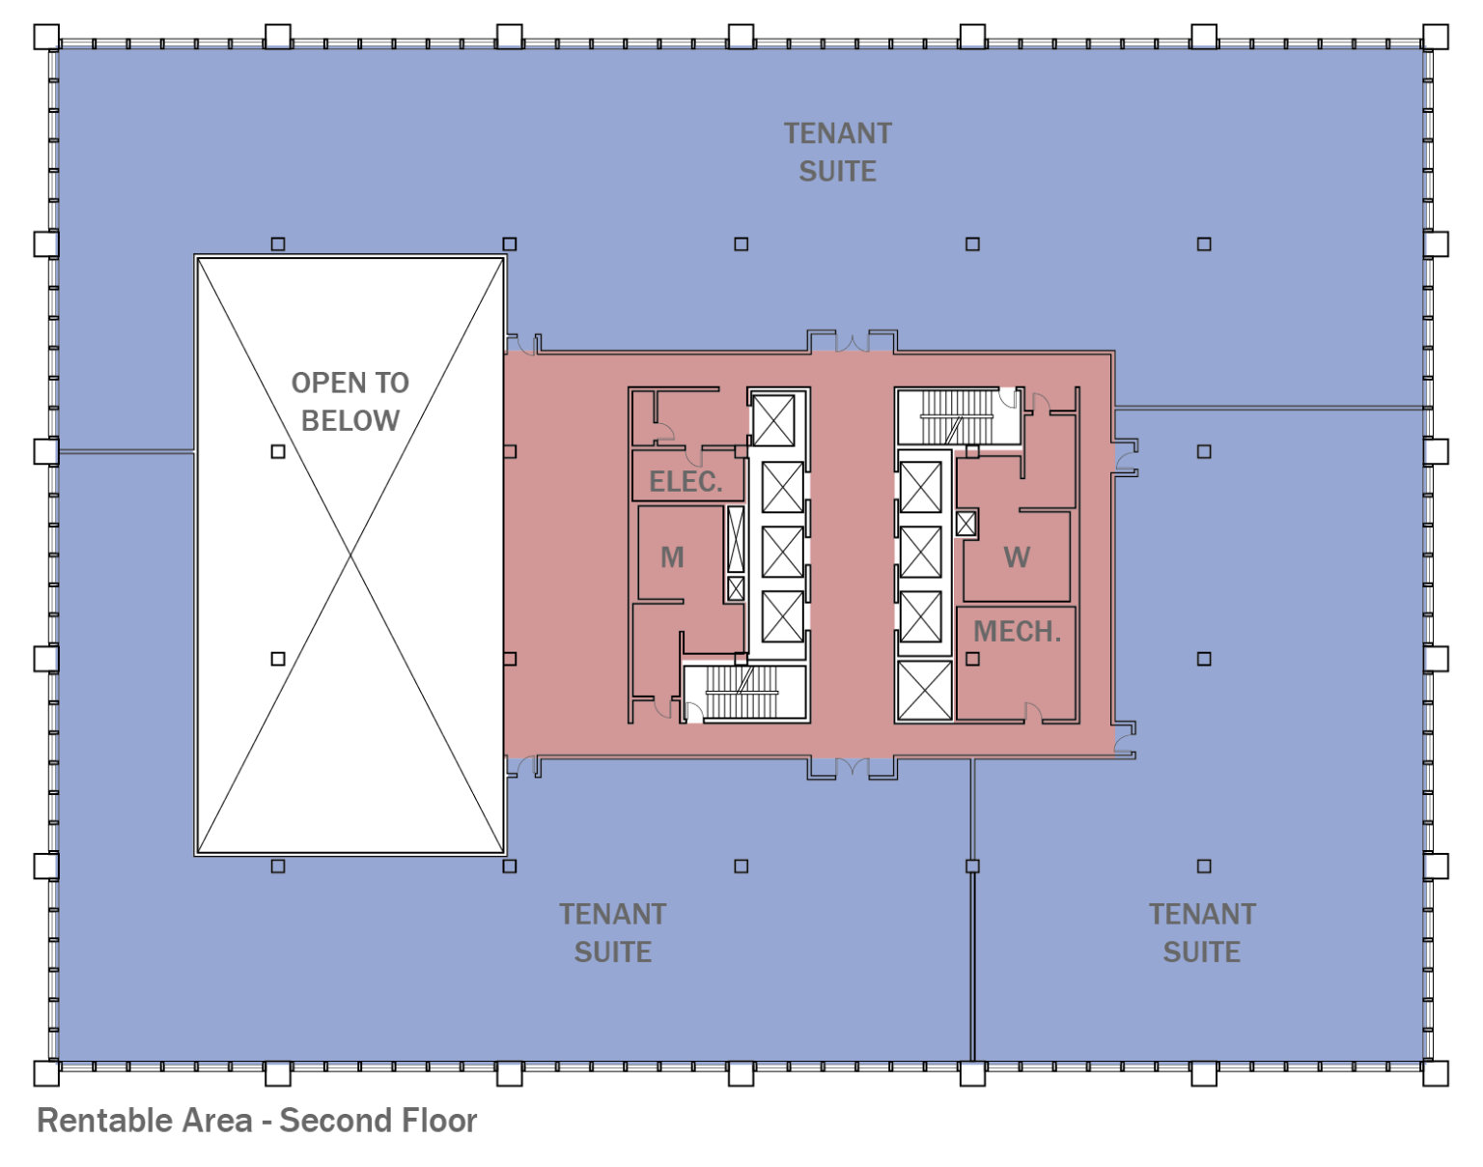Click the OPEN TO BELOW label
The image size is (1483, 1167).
350,402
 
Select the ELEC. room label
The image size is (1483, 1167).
686,481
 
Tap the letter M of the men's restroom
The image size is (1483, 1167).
672,557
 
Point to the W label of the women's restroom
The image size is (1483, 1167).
1016,557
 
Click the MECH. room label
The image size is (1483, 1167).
1017,632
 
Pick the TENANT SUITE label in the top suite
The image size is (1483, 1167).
837,153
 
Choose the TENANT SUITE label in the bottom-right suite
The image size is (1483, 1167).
1201,933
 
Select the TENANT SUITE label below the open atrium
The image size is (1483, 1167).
612,933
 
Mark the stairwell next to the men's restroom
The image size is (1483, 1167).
743,693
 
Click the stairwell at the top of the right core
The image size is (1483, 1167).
956,416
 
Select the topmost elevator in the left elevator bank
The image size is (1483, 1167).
773,421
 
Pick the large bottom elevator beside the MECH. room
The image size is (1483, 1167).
924,690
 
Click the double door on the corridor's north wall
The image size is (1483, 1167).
852,342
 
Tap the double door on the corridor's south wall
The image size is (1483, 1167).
852,769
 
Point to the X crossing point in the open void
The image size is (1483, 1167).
350,555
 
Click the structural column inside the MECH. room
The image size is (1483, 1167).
972,659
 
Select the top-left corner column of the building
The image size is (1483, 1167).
46,37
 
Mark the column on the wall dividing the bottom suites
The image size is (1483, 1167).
972,866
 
